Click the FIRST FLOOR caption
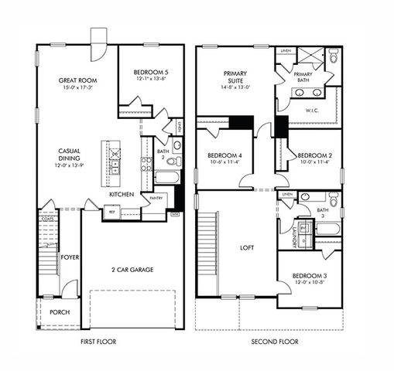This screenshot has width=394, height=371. (x=100, y=341)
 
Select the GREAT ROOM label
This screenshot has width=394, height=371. (x=77, y=80)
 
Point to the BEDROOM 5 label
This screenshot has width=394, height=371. (x=150, y=70)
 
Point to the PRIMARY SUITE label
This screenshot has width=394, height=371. (x=235, y=74)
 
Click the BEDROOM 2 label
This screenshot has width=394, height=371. (x=314, y=155)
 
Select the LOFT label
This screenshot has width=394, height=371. (x=247, y=248)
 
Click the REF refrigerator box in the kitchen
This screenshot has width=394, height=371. (x=111, y=210)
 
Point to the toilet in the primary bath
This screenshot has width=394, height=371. (x=333, y=56)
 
